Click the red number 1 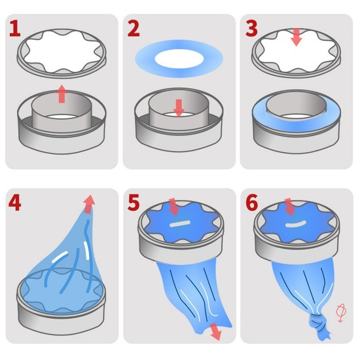(x=15, y=28)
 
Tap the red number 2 (x=134, y=28)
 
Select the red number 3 (x=251, y=28)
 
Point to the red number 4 (x=14, y=203)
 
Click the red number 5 (x=134, y=203)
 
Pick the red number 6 (x=252, y=203)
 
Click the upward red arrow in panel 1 (x=62, y=94)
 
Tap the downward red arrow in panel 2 (x=179, y=108)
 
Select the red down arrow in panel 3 (x=297, y=37)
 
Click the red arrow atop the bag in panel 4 (x=88, y=204)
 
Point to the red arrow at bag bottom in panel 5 (x=215, y=331)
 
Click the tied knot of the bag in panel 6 (x=318, y=321)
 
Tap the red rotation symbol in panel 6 (x=341, y=313)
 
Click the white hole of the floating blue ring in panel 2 (x=179, y=58)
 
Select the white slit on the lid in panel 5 (x=180, y=224)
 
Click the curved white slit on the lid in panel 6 (x=296, y=225)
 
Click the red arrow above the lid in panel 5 (x=174, y=207)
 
